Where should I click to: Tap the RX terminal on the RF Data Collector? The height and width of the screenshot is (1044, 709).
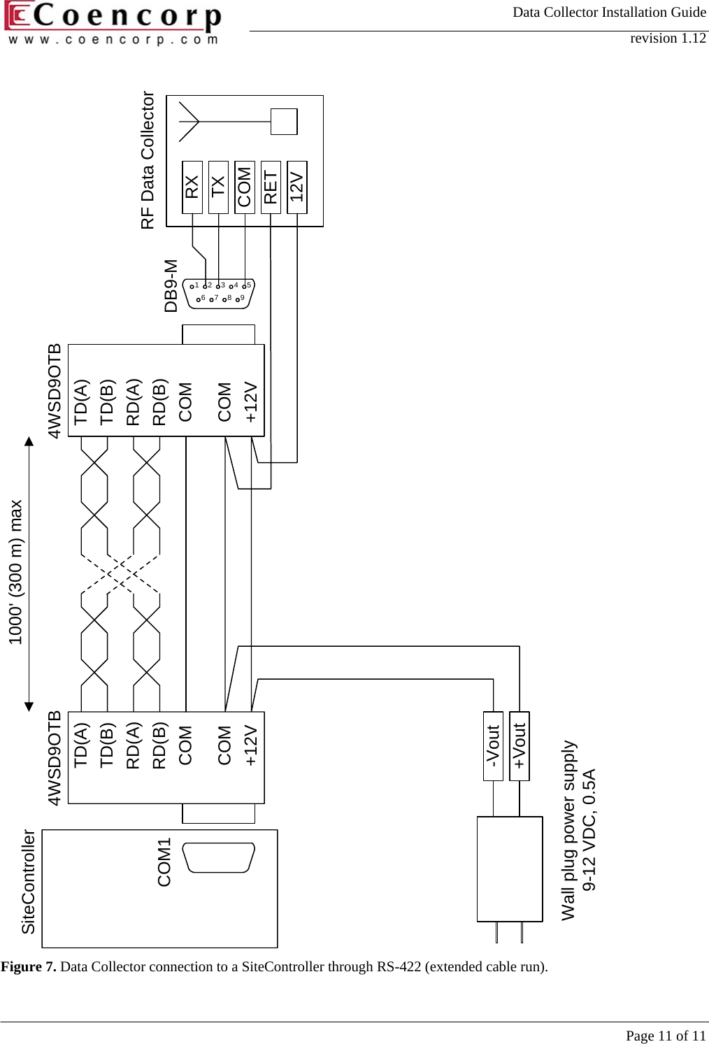coord(192,187)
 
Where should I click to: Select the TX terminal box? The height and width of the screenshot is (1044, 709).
coord(218,187)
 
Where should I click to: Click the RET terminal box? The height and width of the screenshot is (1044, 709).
coord(271,187)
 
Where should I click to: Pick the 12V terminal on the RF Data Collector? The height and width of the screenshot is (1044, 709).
coord(297,187)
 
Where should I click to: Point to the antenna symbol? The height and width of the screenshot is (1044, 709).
coord(189,122)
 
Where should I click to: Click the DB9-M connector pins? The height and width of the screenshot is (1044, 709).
coord(218,292)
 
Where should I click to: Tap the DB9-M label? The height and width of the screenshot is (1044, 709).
coord(171,285)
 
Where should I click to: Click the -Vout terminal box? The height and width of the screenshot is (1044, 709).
coord(493,745)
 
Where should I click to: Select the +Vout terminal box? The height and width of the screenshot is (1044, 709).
coord(520,745)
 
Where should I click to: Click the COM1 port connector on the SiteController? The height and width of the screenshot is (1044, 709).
coord(218,857)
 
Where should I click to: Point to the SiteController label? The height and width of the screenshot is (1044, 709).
coord(28,882)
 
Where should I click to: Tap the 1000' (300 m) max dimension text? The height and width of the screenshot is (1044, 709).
coord(15,572)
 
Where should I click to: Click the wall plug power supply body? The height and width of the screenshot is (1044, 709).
coord(510,868)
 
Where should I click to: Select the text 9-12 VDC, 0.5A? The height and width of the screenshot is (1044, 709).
coord(589,829)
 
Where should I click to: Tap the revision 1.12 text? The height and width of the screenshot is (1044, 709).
coord(668,38)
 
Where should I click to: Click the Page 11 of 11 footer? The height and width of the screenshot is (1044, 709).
coord(666,1036)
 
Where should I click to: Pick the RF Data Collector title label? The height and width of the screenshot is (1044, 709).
coord(148,160)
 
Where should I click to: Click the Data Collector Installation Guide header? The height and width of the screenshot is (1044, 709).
coord(609,12)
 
